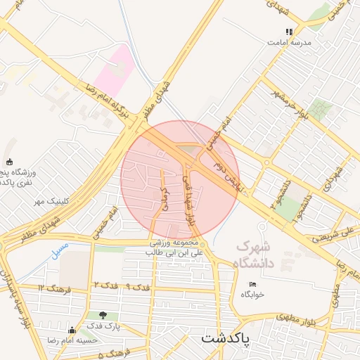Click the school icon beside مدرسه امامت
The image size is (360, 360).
[288, 32]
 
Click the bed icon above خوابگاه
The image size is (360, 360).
[252, 284]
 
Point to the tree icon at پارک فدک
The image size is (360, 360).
[103, 316]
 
